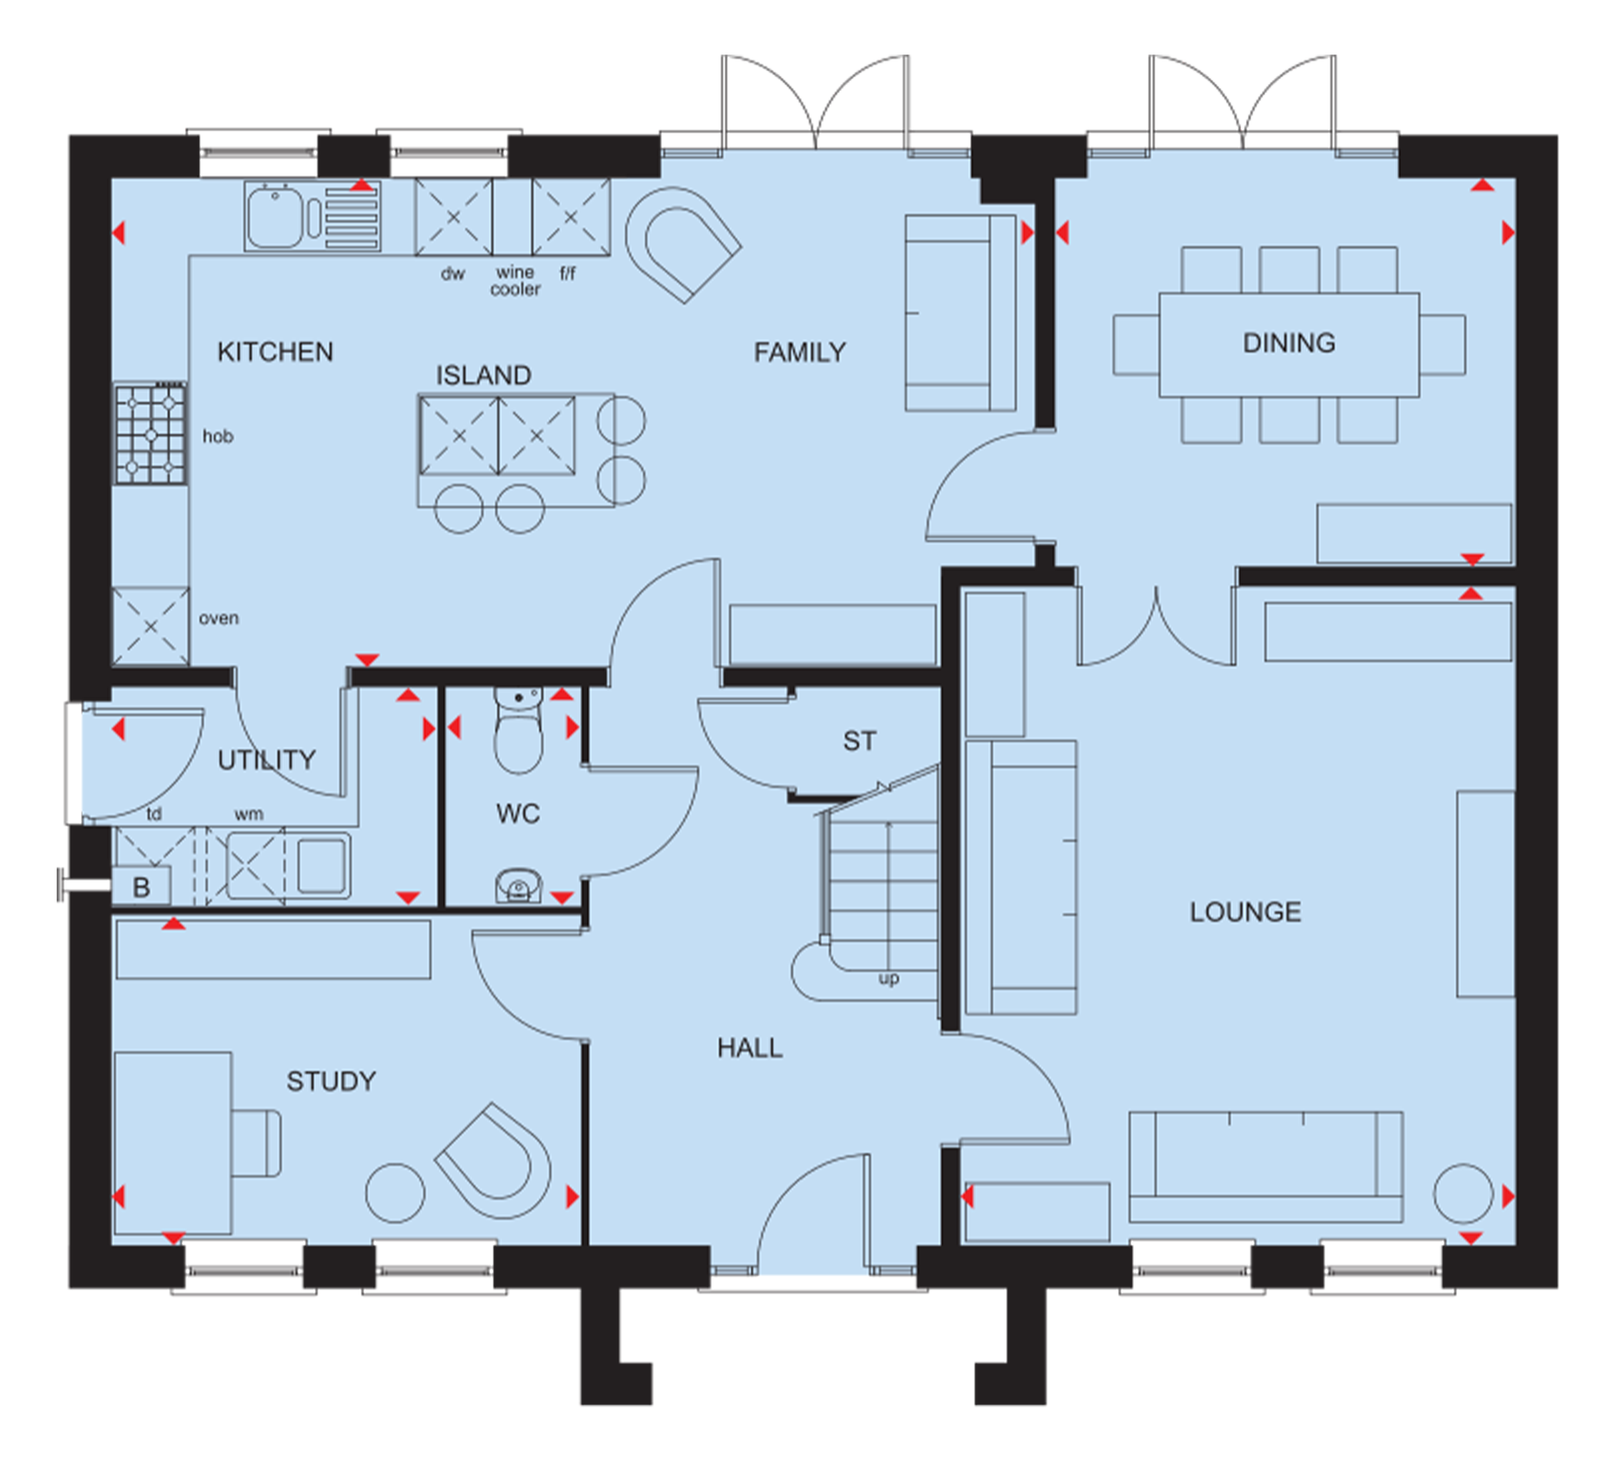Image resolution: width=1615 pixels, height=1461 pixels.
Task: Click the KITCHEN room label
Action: coord(275,352)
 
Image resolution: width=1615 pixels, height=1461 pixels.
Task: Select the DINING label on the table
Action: coord(1289,343)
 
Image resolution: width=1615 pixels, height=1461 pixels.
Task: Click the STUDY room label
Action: coord(331,1082)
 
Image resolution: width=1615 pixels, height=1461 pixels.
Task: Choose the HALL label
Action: coord(750,1048)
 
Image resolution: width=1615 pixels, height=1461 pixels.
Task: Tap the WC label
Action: coord(518,814)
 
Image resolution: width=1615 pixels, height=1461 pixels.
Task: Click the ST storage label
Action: coord(859,741)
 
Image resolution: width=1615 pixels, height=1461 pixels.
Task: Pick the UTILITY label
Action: coord(267,760)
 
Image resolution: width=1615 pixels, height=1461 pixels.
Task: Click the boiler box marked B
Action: coord(141,887)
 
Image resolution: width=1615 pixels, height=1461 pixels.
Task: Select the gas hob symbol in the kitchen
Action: coord(151,434)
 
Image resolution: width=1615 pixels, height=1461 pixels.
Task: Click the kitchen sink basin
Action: coord(275,217)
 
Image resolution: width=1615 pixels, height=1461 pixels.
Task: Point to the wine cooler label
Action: coord(515,281)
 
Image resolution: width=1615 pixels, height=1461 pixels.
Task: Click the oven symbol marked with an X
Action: coord(151,626)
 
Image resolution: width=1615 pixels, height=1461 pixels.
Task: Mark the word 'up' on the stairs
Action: coord(889,979)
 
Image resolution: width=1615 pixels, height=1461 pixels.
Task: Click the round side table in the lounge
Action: coord(1463,1194)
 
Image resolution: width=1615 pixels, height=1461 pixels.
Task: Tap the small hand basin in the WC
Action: coord(518,886)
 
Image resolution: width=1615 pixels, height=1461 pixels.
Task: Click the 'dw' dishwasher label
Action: coord(453,273)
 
